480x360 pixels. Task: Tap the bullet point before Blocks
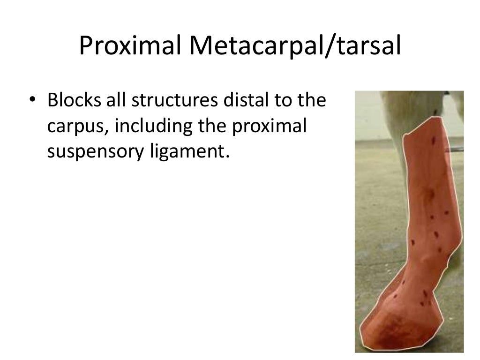point(32,101)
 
